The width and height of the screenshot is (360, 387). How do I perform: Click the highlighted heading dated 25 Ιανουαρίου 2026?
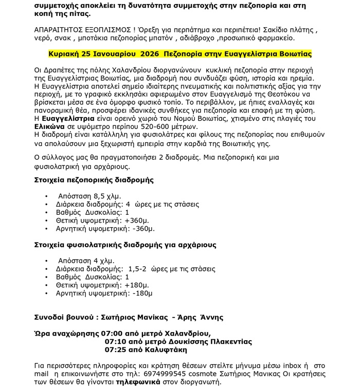(180, 53)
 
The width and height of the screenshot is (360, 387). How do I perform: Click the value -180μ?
(142, 293)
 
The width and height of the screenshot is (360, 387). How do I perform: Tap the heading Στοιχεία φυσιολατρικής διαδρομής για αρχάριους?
(125, 245)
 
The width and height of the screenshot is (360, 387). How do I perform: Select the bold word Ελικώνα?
(49, 126)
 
